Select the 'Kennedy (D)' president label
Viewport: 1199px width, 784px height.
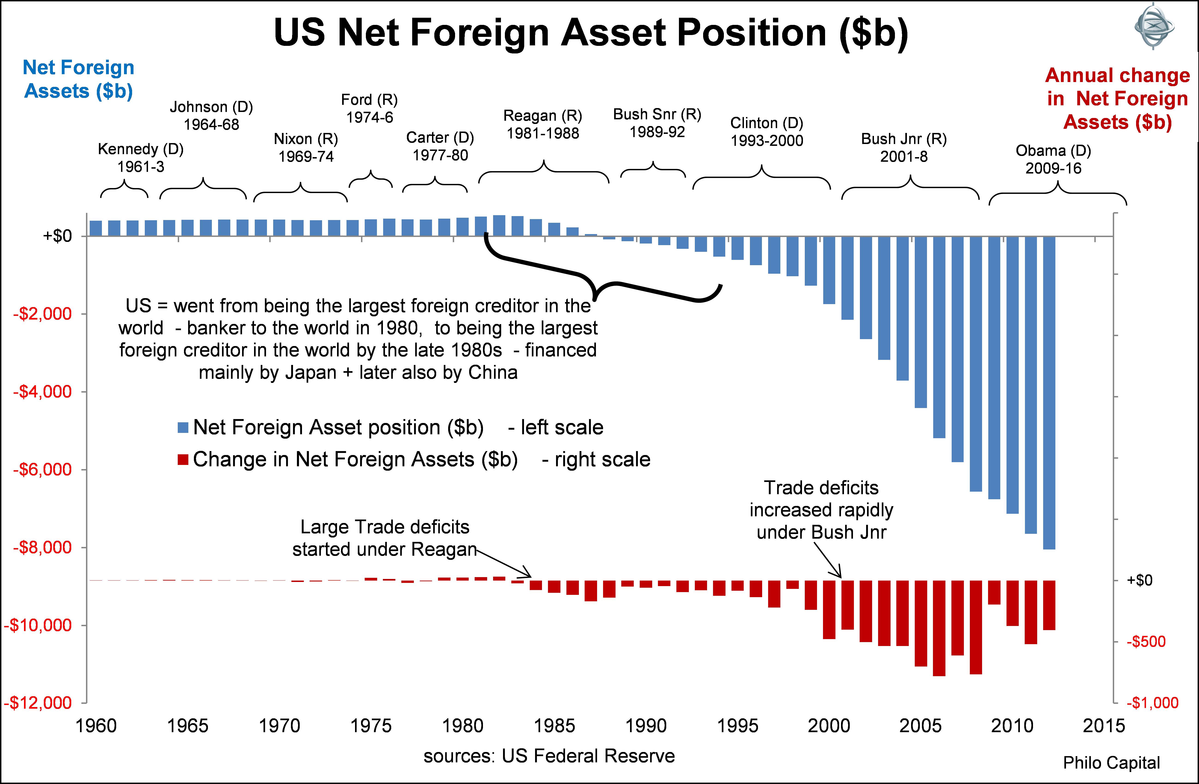click(141, 150)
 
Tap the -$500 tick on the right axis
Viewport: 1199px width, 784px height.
click(1146, 641)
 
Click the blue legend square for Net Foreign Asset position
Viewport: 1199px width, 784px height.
click(183, 428)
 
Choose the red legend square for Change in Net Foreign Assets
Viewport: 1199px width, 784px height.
click(183, 459)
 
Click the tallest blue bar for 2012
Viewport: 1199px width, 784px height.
click(1049, 393)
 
